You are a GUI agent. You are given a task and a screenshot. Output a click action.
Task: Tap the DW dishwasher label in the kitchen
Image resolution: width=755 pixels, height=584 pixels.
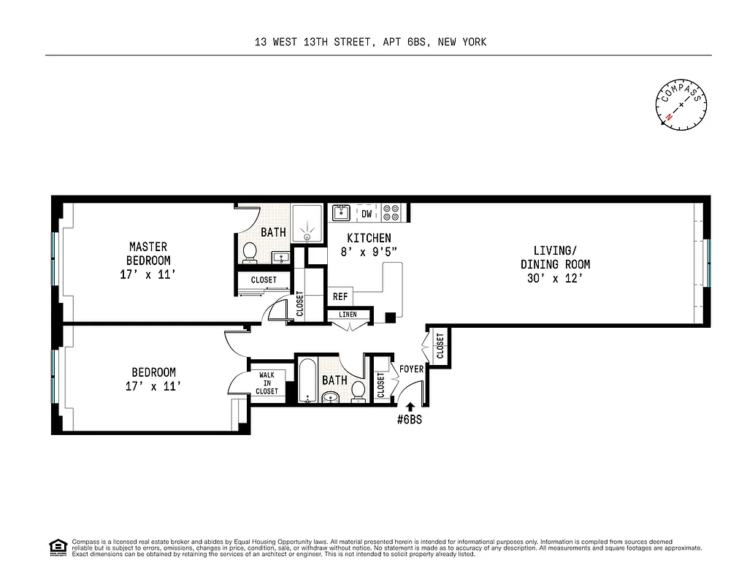[x=367, y=214]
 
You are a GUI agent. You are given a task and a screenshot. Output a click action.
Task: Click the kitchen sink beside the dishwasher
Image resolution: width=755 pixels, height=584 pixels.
[x=341, y=213]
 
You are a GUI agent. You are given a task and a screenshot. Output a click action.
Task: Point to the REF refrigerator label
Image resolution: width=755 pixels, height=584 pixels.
[x=340, y=297]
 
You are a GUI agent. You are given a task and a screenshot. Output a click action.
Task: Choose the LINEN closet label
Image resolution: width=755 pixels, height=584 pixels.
[x=348, y=315]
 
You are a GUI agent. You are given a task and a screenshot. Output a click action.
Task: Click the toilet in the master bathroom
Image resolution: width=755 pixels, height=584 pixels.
[x=249, y=253]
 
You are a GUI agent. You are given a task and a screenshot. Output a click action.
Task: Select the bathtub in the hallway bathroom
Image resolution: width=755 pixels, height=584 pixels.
[x=307, y=380]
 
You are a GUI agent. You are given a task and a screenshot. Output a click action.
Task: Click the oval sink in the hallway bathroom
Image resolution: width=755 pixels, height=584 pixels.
[x=331, y=397]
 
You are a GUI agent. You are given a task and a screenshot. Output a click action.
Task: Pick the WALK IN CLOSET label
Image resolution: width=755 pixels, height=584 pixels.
[x=267, y=383]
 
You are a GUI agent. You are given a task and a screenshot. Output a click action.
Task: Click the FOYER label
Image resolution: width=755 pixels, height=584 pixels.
[x=411, y=369]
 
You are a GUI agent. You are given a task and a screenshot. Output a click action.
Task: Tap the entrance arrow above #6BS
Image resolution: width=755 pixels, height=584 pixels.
[x=410, y=407]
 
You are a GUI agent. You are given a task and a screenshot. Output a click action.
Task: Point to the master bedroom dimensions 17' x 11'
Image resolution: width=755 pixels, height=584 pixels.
[x=148, y=274]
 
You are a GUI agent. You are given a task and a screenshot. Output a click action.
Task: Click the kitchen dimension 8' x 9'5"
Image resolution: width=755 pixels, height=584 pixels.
[x=369, y=252]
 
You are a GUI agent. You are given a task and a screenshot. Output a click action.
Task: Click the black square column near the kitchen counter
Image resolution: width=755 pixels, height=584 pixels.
[x=391, y=318]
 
